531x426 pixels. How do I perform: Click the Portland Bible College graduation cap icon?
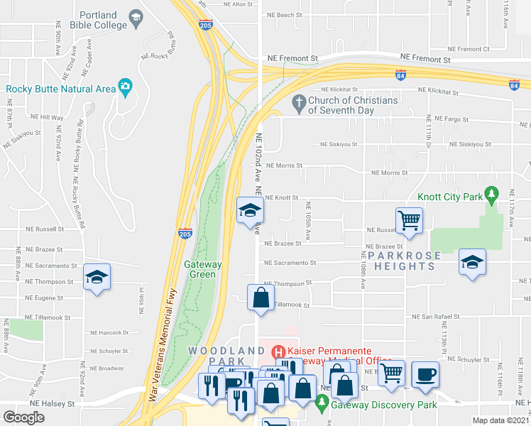[x=134, y=16]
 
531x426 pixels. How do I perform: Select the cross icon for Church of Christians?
[x=299, y=104]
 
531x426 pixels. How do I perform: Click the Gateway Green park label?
[x=203, y=269]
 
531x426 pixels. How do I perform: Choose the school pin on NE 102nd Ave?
[x=250, y=211]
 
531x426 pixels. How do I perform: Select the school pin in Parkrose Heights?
[x=472, y=262]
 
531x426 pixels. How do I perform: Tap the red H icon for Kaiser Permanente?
[x=278, y=351]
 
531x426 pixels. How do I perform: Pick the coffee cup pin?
[x=425, y=374]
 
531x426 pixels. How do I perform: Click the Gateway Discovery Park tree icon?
[x=322, y=403]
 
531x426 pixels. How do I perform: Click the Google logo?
[x=23, y=417]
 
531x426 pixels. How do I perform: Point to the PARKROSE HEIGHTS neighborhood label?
[x=404, y=261]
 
